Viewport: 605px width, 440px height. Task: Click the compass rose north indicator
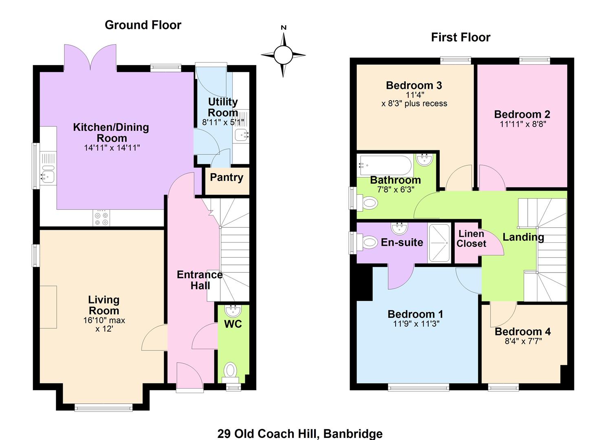(283, 55)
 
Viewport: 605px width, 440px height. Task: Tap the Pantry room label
(227, 178)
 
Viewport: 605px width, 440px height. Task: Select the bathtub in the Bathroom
(385, 165)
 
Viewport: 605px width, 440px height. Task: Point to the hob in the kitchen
(101, 218)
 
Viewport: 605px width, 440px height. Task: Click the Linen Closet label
(471, 238)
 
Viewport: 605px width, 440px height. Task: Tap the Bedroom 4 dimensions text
(524, 341)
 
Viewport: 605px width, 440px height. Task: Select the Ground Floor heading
(143, 25)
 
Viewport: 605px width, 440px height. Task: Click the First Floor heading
(460, 37)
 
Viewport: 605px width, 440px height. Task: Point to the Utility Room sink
(241, 135)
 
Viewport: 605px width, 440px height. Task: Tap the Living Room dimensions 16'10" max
(104, 320)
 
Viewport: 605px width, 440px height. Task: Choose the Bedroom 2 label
(522, 114)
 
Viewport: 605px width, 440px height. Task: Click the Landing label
(523, 237)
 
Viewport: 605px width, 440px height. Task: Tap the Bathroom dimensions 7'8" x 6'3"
(396, 189)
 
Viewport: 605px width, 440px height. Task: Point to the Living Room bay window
(103, 407)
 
